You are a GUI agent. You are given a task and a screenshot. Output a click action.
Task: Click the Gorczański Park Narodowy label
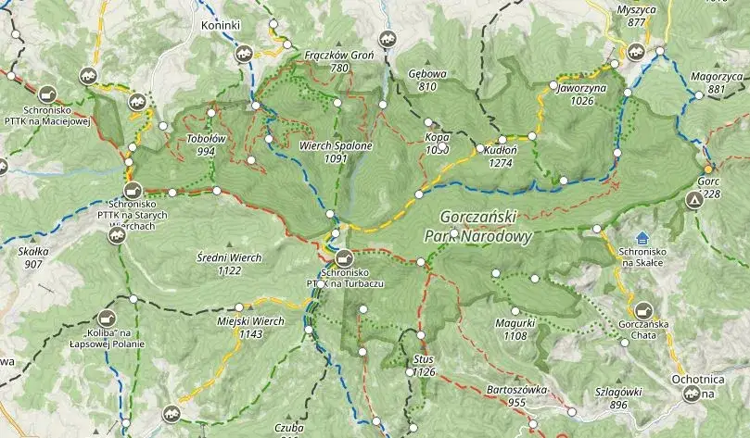click(478, 225)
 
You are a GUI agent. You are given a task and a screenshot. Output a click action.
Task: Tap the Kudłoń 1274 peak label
click(500, 155)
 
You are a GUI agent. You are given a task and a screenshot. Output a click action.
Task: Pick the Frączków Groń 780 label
click(338, 61)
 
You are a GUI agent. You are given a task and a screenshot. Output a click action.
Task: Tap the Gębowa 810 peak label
click(426, 80)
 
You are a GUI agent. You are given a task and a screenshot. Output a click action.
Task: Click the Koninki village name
click(220, 25)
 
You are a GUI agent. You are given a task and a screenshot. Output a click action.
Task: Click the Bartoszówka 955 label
click(516, 395)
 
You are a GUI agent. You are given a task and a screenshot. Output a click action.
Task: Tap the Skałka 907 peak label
click(34, 257)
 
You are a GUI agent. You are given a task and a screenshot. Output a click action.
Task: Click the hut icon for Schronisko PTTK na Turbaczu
click(344, 257)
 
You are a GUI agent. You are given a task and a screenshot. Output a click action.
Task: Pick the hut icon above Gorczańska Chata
click(643, 310)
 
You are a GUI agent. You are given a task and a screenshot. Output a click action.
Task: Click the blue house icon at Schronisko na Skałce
click(643, 239)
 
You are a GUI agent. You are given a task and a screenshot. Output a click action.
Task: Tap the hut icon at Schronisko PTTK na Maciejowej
click(46, 94)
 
